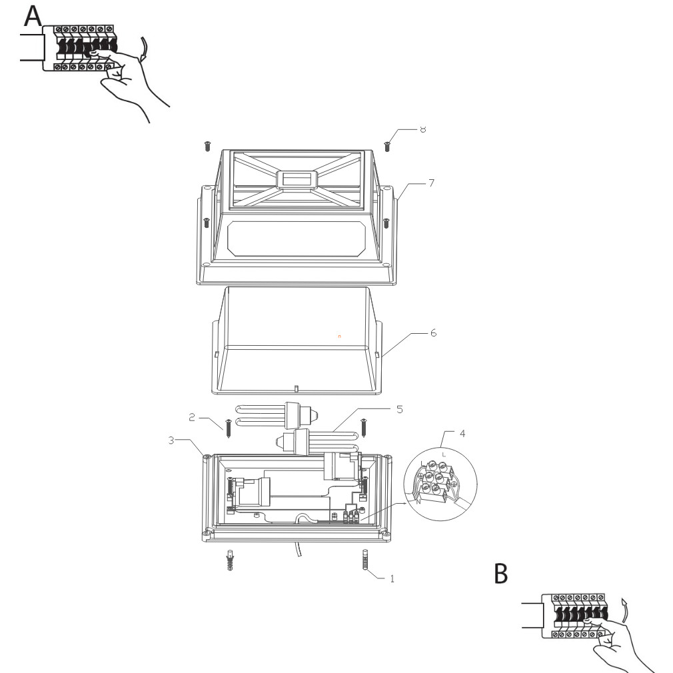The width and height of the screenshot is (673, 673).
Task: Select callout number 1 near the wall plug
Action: pyautogui.click(x=392, y=578)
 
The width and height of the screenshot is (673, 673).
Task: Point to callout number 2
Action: pyautogui.click(x=191, y=418)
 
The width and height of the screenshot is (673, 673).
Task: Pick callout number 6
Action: pyautogui.click(x=433, y=332)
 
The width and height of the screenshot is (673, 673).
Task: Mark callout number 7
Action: pyautogui.click(x=432, y=182)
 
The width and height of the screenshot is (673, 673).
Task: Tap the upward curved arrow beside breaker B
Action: pyautogui.click(x=624, y=608)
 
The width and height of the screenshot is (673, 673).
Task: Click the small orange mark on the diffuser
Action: pyautogui.click(x=339, y=337)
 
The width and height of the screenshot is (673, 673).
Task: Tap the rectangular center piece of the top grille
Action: pyautogui.click(x=297, y=180)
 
